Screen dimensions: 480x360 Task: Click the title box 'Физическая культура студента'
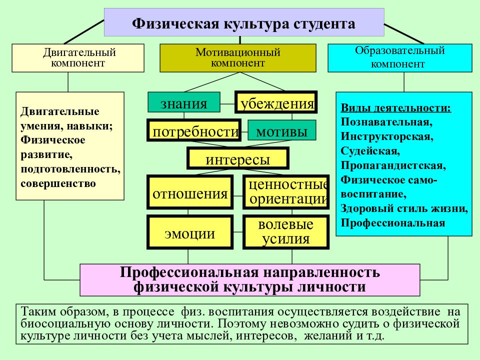[244, 22]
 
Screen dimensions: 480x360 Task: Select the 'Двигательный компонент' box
[78, 58]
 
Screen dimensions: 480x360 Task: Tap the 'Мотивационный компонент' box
[238, 58]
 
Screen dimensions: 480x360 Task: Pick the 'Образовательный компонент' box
[400, 58]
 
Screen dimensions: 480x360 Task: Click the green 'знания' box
[184, 102]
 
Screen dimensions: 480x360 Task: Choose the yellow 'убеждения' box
[276, 102]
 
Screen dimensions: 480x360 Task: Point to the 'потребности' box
[194, 130]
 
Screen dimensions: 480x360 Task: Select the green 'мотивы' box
[281, 130]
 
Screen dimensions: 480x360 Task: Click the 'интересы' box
[238, 158]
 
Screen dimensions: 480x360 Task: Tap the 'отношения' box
[190, 192]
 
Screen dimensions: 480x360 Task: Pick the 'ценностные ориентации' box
[286, 192]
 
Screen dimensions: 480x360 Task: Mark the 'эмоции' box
[190, 232]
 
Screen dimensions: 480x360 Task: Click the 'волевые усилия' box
[286, 232]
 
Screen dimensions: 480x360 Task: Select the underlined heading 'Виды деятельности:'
[396, 108]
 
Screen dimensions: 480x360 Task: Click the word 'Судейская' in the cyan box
[369, 151]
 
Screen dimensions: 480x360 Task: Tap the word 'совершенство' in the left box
[58, 183]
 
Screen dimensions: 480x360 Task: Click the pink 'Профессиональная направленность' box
[250, 280]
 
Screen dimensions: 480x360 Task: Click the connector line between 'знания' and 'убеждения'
[227, 104]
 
